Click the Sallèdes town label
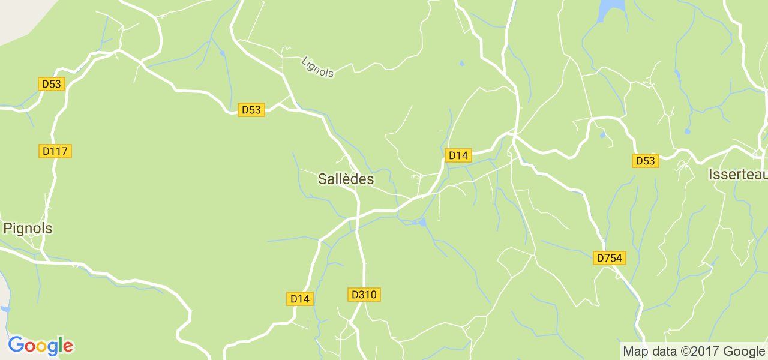tap(346, 179)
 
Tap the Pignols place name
tap(28, 229)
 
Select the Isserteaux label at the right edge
tap(737, 175)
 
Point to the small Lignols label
tap(318, 67)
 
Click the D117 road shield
tap(56, 151)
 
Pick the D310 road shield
tap(364, 295)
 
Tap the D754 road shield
tap(610, 258)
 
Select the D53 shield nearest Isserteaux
tap(645, 161)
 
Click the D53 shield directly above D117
tap(52, 84)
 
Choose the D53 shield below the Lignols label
tap(251, 110)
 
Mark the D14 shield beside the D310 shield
tap(299, 298)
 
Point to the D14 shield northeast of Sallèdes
tap(458, 155)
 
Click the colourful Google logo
tap(40, 346)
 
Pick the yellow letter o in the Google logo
tap(39, 347)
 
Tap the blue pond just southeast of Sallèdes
tap(422, 223)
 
